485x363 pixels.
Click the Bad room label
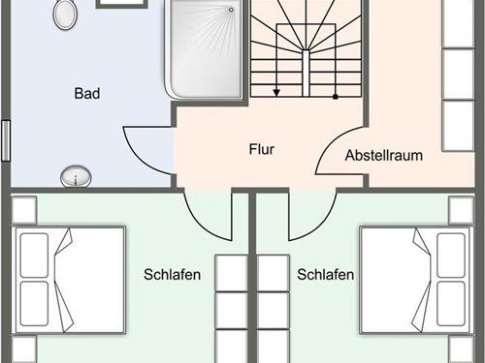pos(87,94)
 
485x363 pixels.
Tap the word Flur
pos(262,150)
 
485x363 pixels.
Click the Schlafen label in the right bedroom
pos(326,275)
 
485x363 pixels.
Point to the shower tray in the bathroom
pos(203,48)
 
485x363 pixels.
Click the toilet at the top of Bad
pos(66,15)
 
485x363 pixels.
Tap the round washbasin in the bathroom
pos(76,176)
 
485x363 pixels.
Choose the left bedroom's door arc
pos(209,216)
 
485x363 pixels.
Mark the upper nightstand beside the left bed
pos(25,210)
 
